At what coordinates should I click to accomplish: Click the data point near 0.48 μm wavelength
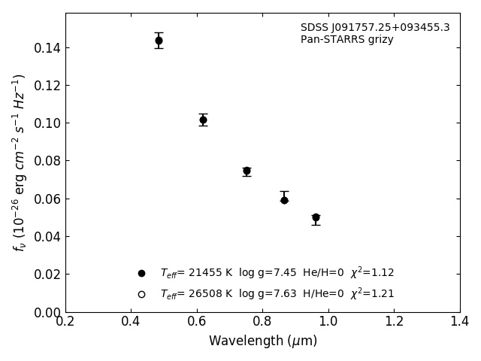click(x=159, y=41)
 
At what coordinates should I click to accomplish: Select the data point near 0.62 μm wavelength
click(x=203, y=120)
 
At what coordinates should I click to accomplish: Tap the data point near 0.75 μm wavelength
click(x=247, y=171)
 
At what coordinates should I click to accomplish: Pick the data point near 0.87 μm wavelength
click(x=284, y=200)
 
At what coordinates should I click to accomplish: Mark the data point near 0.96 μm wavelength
click(x=316, y=217)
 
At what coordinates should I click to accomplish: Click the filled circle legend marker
click(x=141, y=273)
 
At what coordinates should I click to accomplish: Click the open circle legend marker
click(x=141, y=294)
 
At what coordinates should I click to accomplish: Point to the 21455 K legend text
click(x=196, y=273)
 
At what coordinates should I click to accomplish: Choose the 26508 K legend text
click(x=196, y=294)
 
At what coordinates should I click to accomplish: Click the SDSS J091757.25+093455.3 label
click(x=375, y=28)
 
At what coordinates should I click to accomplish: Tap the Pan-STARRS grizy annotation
click(x=347, y=40)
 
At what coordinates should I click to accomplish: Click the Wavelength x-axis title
click(x=263, y=341)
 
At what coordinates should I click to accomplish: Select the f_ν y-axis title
click(x=20, y=162)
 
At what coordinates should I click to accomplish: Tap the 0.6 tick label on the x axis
click(x=197, y=321)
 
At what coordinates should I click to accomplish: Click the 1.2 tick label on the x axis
click(x=394, y=321)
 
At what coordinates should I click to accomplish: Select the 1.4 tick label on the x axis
click(x=459, y=321)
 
